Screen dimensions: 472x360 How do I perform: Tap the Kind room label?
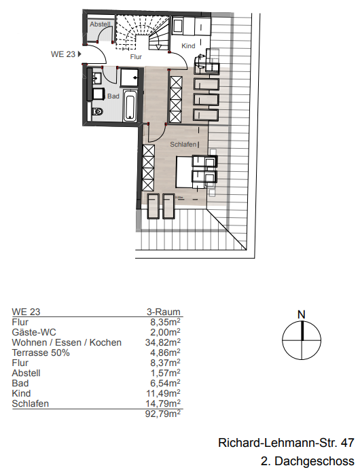coord(189,46)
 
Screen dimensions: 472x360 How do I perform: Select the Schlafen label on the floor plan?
coord(183,145)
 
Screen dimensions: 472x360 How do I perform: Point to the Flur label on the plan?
coord(137,58)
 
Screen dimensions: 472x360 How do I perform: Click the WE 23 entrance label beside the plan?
coord(62,53)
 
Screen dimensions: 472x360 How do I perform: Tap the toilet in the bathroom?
coord(97,111)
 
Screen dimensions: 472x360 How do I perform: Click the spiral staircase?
coord(136,33)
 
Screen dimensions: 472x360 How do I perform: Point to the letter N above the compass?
coord(301,314)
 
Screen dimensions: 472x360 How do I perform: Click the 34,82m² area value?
coord(165,343)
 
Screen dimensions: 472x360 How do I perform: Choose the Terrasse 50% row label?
coord(39,353)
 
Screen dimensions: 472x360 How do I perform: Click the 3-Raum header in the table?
coord(164,312)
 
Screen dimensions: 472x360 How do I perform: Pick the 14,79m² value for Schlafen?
coord(165,404)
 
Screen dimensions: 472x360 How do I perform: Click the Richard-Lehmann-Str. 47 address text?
coord(285,443)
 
